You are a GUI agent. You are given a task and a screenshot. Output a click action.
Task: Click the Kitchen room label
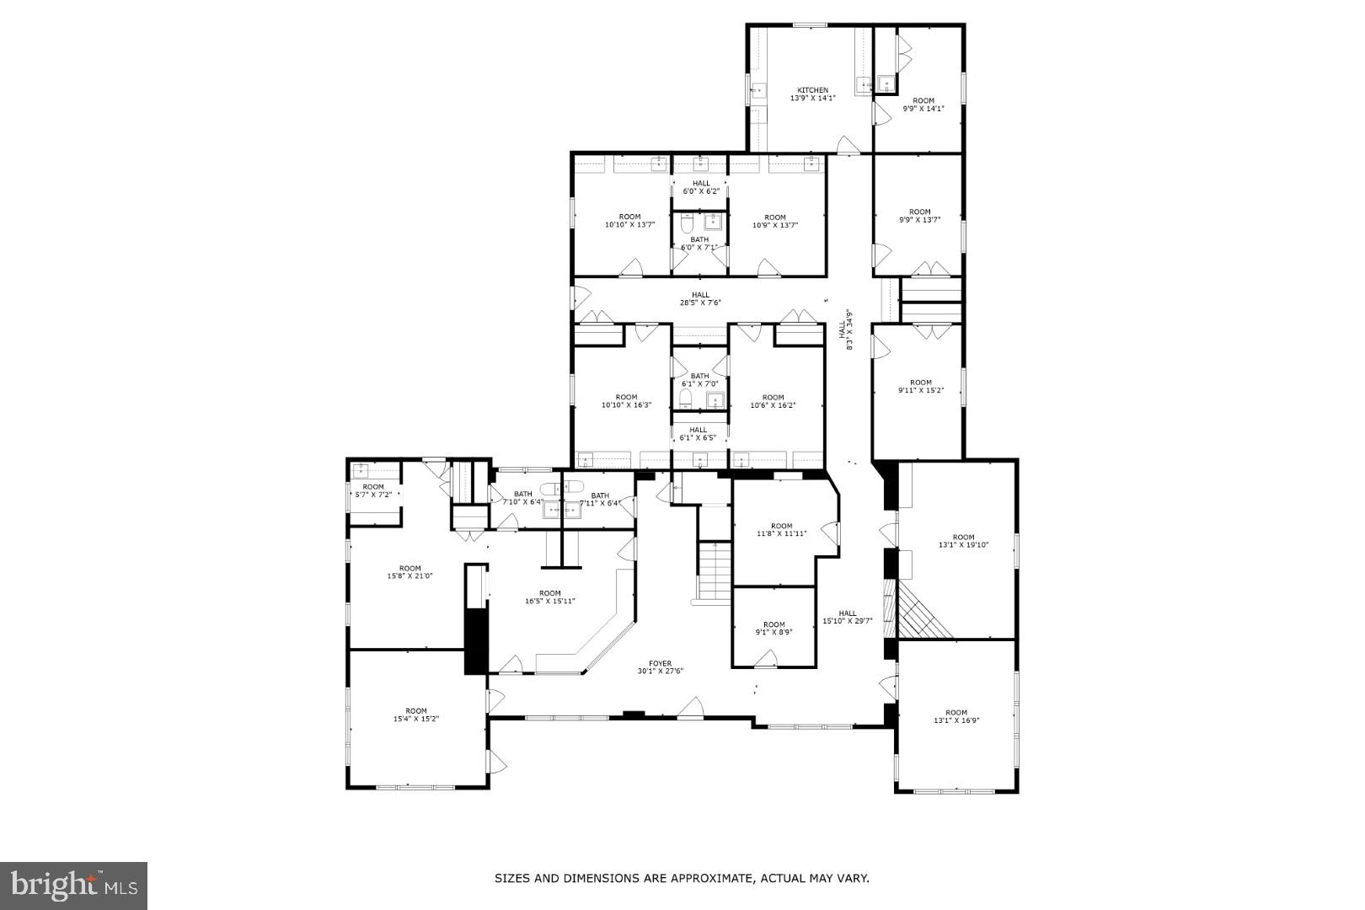pos(812,94)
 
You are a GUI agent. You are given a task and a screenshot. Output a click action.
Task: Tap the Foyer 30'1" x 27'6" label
pos(660,667)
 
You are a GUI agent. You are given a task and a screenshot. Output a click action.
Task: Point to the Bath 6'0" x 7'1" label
pos(699,244)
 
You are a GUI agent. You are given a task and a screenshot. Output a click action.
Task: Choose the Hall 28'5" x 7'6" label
pos(700,298)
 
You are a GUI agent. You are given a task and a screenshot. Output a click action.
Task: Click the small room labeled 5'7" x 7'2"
pos(373,490)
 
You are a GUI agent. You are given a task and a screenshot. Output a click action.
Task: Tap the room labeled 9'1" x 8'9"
pos(773,629)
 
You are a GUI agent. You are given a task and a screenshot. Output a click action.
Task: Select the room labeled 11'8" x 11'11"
pos(781,530)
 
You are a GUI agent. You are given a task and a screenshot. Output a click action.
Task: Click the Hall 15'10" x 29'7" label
pos(847,618)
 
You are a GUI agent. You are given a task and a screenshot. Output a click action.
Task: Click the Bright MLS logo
pos(74,885)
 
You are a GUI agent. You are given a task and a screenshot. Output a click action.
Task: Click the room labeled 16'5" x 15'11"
pos(549,597)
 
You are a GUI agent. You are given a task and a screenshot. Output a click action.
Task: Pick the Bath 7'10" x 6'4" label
pos(522,498)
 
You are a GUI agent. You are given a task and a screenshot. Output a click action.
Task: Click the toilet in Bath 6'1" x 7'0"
pos(686,398)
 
